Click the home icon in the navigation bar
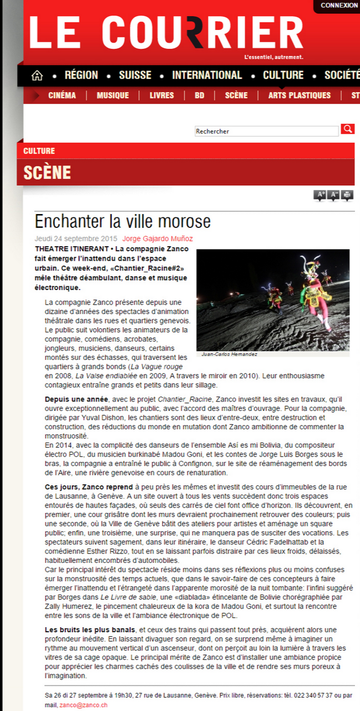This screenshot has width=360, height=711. (37, 75)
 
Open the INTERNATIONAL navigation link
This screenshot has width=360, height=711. (207, 75)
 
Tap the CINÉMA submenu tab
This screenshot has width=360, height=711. (62, 95)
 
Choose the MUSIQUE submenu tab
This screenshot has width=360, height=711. (113, 95)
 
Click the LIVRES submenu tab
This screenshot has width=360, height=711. (161, 95)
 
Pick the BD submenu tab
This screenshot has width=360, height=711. (199, 95)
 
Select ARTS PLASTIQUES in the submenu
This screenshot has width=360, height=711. (299, 95)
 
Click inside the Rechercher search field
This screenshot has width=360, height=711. (266, 131)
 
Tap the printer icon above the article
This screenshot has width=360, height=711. (347, 195)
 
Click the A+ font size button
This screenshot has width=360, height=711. (320, 195)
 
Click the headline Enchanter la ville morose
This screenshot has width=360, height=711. (123, 222)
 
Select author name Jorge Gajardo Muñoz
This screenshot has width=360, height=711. (158, 239)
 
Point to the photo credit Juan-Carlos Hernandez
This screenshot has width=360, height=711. (226, 354)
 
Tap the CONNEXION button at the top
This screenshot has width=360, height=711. (339, 6)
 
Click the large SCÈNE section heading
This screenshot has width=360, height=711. (47, 172)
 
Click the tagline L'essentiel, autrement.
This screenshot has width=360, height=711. (273, 57)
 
